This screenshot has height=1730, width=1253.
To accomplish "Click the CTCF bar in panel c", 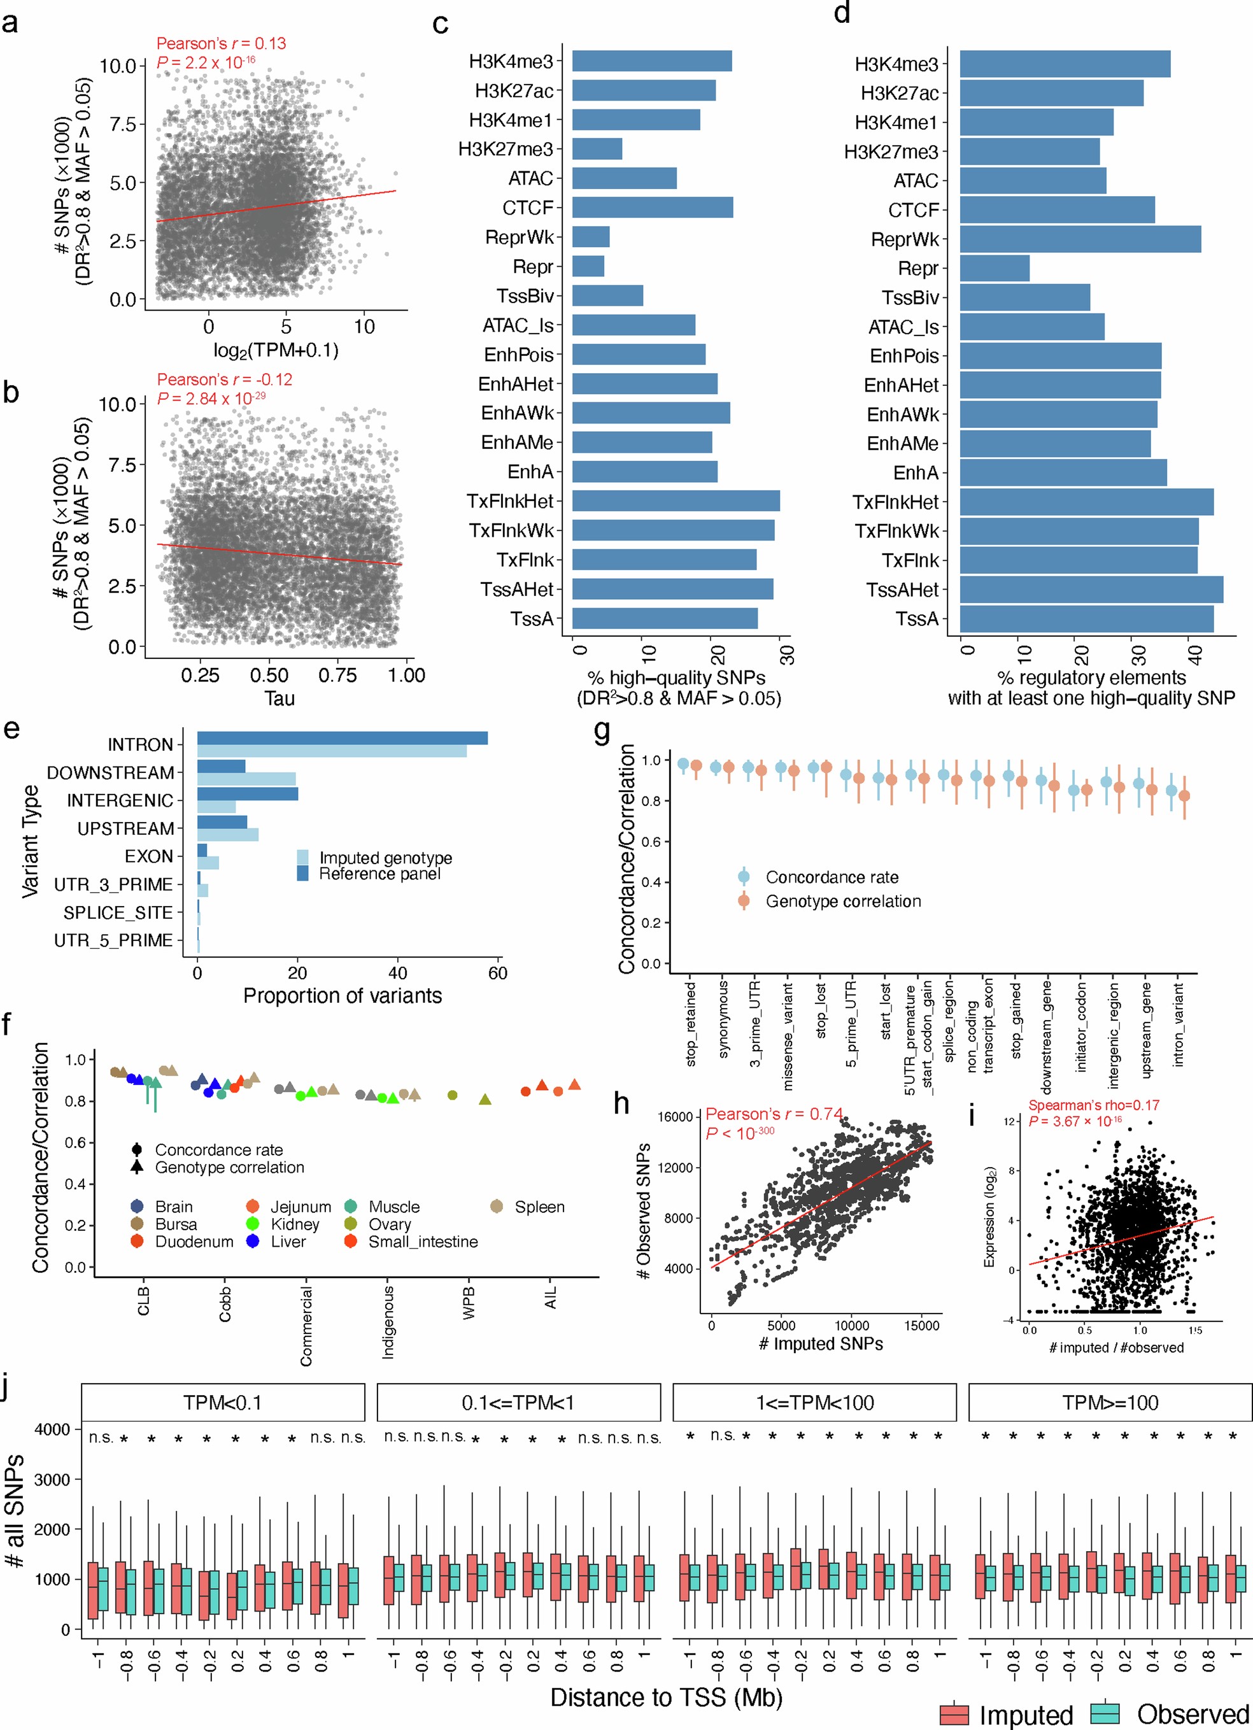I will [x=652, y=208].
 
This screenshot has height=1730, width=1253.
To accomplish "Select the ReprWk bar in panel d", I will [x=1079, y=239].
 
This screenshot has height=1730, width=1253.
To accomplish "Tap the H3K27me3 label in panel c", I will [x=505, y=149].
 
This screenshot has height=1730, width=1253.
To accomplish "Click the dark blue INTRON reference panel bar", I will [x=342, y=737].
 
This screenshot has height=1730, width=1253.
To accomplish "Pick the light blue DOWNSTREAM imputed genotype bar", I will [x=246, y=779].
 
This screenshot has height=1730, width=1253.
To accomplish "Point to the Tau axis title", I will [x=279, y=698].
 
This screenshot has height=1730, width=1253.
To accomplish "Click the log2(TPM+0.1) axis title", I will [x=275, y=350].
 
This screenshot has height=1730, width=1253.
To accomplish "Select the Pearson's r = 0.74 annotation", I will [x=774, y=1114].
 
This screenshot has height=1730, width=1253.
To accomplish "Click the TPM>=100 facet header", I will [x=1110, y=1403].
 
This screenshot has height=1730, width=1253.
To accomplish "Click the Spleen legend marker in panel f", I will [x=497, y=1207].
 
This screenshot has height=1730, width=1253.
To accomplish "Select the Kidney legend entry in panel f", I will [x=294, y=1224].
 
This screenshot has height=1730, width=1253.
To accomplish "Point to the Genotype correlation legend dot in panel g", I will [x=744, y=901].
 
